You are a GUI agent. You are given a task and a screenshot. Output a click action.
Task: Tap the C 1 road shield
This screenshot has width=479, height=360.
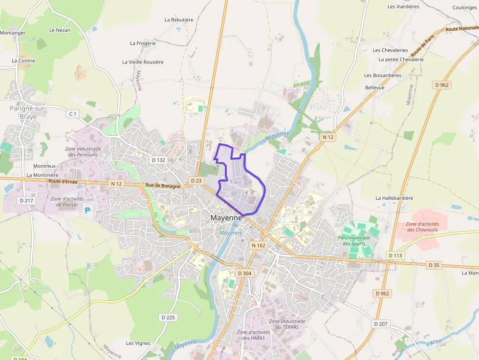coord(73,114)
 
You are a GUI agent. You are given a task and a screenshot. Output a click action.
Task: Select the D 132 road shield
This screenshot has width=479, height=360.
coord(158,160)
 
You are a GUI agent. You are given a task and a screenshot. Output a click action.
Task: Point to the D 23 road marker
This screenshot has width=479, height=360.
coord(196,181)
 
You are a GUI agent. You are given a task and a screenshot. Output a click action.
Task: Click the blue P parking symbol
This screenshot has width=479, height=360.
coord(88,211)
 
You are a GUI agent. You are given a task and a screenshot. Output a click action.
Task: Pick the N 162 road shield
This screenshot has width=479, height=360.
coord(259,245)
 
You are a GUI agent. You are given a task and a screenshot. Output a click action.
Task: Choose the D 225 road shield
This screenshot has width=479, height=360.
coord(168,318)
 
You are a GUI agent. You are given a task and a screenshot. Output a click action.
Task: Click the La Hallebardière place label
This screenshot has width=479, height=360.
coord(394,198)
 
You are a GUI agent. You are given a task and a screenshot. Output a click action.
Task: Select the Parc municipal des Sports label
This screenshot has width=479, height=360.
coord(354,240)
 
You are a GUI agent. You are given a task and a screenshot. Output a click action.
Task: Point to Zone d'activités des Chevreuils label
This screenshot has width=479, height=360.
coord(422,227)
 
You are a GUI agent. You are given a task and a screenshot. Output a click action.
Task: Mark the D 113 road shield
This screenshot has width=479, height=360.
coord(395,255)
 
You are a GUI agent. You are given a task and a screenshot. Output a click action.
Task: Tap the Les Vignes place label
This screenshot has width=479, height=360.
coord(138,343)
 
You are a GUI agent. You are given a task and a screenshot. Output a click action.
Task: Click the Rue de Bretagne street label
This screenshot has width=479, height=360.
coord(163,186)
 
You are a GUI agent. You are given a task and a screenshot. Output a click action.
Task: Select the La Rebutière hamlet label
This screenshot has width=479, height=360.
coord(179,20)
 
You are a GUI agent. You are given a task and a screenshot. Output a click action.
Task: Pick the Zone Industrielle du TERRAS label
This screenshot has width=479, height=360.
coord(287,324)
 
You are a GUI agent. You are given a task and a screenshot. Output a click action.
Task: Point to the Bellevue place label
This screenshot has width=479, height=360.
coord(375,87)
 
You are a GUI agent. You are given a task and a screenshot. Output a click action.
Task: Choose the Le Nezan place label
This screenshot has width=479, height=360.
coord(60,30)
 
